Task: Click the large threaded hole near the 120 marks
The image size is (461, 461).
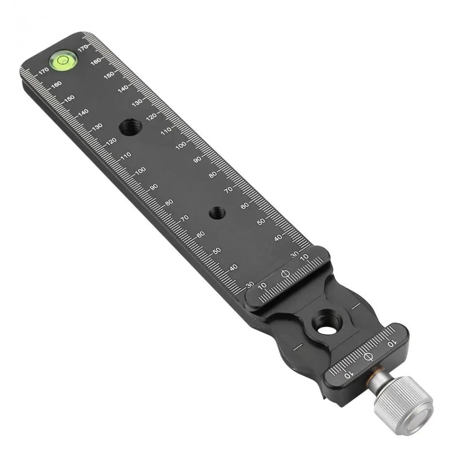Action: point(131,127)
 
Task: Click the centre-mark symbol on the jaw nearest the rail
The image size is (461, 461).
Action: point(285,273)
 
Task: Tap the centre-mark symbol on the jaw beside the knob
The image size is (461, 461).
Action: point(368,357)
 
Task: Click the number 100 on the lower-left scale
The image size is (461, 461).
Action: point(141,171)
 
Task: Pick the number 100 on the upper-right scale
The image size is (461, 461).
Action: point(181,145)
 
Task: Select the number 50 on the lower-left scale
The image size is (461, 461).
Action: point(217,251)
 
